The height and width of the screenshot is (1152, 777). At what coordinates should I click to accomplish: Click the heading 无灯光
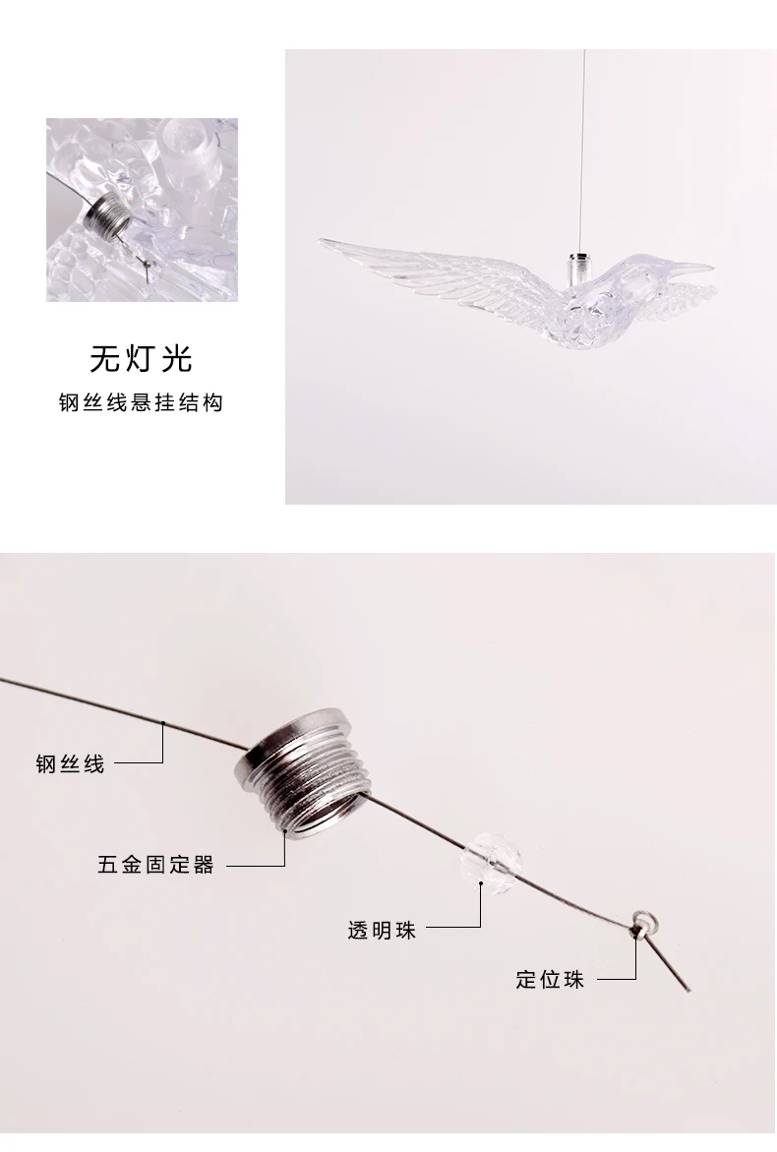click(141, 358)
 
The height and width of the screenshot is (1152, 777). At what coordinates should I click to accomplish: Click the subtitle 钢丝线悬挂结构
click(141, 403)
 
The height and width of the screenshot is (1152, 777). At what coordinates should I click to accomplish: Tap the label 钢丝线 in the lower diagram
click(70, 763)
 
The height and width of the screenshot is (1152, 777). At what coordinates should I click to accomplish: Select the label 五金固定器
click(155, 866)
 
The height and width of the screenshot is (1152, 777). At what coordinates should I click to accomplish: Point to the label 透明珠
click(382, 930)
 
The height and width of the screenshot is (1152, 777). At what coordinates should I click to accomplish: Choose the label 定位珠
click(550, 980)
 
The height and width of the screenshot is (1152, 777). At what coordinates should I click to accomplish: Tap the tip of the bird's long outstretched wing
click(325, 241)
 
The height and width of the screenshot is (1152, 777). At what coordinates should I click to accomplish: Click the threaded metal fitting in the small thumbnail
click(102, 214)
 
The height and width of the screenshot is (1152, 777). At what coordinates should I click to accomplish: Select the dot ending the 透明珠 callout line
click(481, 884)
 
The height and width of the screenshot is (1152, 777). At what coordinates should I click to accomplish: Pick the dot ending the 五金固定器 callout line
click(285, 831)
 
